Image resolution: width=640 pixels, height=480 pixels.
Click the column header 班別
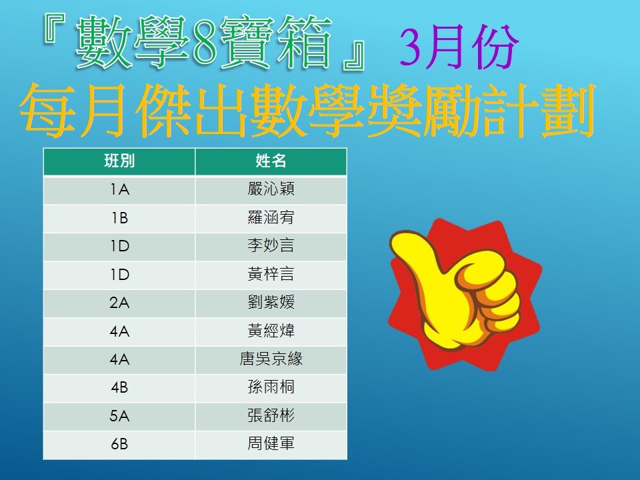(x=119, y=161)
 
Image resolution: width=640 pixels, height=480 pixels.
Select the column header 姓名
(x=271, y=161)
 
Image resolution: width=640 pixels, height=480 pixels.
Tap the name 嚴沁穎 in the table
(x=271, y=189)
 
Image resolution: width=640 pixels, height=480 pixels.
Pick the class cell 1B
(x=119, y=218)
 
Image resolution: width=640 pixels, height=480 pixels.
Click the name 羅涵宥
(x=271, y=217)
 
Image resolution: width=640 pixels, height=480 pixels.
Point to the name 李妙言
(x=271, y=246)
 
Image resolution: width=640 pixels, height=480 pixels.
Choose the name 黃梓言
(x=271, y=274)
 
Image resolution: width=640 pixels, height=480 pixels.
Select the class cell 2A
(x=119, y=303)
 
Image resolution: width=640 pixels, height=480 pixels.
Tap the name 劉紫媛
(x=271, y=303)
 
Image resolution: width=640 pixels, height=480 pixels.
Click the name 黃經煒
(x=271, y=331)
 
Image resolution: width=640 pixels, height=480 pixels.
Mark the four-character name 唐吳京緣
(x=271, y=359)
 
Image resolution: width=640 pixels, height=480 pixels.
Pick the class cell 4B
(x=119, y=387)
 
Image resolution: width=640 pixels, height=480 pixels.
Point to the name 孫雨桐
(x=271, y=387)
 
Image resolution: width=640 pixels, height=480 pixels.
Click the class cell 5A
(x=119, y=416)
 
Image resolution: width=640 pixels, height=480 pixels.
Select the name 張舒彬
(x=271, y=415)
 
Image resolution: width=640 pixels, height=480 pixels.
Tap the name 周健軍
(x=271, y=443)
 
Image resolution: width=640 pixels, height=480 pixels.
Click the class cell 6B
(x=119, y=444)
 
